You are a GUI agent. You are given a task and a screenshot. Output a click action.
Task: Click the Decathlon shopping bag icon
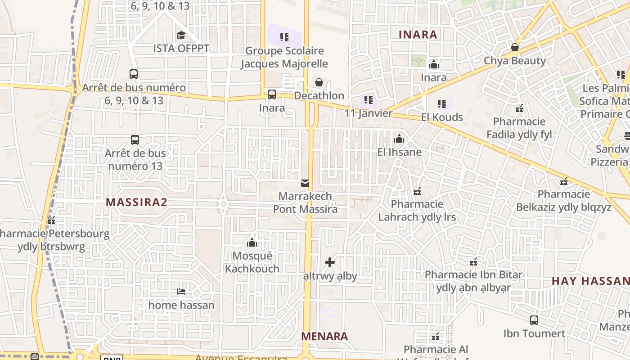pos(319,82)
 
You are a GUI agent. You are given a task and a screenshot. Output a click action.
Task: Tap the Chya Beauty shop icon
pos(515,47)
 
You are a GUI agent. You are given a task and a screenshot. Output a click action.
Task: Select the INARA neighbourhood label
pos(418,35)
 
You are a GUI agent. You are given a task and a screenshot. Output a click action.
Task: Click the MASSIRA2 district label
pos(136,202)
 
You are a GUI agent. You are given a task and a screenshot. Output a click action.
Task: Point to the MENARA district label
pos(324,336)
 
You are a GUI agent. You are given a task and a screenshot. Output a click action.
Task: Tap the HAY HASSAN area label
pos(590,281)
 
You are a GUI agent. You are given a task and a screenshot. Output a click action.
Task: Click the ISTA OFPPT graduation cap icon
pos(181,35)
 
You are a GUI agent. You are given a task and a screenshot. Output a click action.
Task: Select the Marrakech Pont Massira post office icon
pos(305,183)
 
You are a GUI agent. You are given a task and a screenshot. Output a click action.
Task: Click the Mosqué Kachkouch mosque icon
pos(252,243)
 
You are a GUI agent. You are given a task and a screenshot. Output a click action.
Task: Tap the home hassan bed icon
pos(181,292)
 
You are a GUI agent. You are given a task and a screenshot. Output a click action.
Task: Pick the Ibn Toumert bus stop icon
pos(534,320)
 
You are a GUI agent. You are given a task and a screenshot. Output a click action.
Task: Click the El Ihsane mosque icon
pos(399,139)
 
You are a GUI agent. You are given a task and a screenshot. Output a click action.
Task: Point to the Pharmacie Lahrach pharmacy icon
pos(417,191)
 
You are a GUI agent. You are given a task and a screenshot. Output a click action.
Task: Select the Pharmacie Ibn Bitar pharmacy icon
pos(473,261)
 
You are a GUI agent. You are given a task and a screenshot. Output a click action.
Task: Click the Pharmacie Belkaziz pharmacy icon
pos(564,181)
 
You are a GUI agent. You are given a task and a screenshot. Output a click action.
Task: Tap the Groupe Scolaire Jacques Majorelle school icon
pos(284,37)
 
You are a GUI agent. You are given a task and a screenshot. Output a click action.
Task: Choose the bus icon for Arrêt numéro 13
pos(135,140)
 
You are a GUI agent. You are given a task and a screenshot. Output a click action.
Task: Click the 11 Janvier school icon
pos(369,100)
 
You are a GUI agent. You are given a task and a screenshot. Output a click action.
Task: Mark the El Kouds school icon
pos(442,104)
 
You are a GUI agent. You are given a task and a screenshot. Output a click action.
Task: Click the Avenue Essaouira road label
pos(241,358)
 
